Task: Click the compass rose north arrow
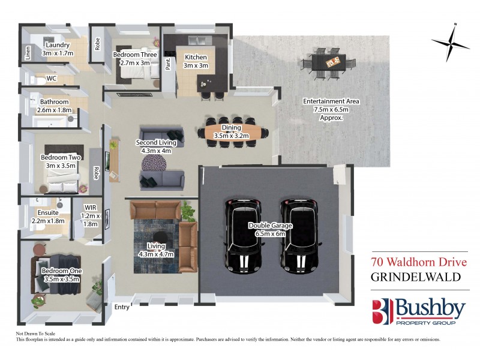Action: [451, 41]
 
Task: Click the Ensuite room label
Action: [47, 216]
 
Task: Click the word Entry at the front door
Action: [121, 308]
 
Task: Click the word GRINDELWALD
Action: [414, 278]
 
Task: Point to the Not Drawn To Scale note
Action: [35, 333]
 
